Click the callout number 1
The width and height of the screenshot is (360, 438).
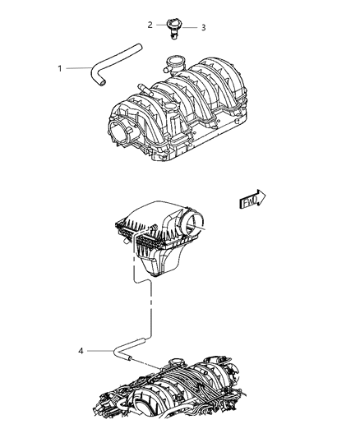click(x=59, y=67)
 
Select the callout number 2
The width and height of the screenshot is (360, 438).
click(x=150, y=25)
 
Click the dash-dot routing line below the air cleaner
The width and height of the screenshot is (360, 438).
click(x=150, y=308)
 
